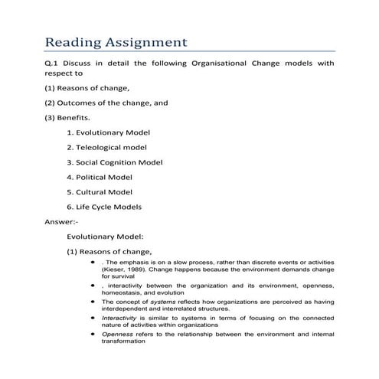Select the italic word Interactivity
(x=119, y=318)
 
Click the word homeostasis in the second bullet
(x=123, y=292)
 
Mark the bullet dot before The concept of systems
(x=93, y=302)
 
